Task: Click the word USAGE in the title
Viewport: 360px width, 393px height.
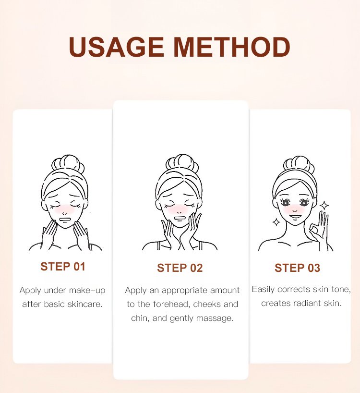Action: (x=116, y=47)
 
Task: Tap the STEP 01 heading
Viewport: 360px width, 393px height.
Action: (x=63, y=267)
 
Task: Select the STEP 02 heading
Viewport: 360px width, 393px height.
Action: (x=180, y=268)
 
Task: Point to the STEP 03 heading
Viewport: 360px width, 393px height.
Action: (x=298, y=268)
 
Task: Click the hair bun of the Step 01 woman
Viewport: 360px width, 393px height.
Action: (x=68, y=164)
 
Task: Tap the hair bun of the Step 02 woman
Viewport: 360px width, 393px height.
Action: (x=182, y=164)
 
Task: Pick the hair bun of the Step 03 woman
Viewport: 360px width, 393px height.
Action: (x=299, y=165)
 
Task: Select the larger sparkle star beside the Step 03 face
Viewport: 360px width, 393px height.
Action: (x=324, y=206)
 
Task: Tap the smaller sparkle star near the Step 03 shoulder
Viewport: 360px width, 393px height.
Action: (x=276, y=222)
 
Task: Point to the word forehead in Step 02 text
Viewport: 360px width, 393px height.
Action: (x=171, y=304)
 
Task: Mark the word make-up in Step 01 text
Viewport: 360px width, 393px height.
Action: (x=87, y=290)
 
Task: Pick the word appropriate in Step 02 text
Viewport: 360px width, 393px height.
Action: (x=184, y=290)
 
